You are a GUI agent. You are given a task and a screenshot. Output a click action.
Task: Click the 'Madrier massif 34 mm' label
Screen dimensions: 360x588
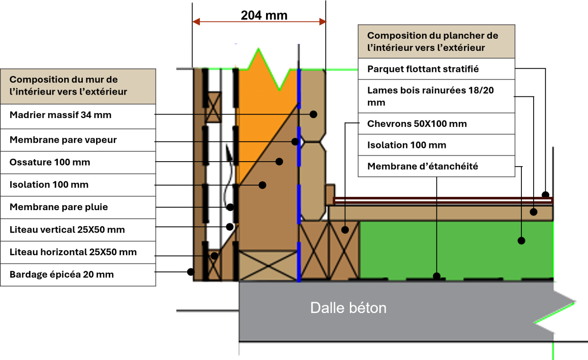61,116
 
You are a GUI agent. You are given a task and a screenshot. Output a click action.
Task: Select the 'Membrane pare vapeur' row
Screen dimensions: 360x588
63,140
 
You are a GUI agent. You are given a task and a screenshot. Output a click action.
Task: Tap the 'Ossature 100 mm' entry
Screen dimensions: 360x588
50,163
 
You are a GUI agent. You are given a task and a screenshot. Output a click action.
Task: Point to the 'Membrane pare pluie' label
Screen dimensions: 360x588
59,207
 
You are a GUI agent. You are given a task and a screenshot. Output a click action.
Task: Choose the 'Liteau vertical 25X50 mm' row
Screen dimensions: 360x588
67,230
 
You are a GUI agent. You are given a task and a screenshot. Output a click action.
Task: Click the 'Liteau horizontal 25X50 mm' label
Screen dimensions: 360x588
73,252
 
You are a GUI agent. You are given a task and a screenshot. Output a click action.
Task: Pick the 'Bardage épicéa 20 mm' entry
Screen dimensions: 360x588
62,275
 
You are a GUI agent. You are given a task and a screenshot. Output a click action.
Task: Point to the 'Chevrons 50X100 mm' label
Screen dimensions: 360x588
417,124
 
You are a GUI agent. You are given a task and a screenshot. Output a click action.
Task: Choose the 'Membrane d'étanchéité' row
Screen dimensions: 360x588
423,167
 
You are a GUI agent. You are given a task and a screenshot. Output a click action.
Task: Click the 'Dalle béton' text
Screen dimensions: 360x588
348,308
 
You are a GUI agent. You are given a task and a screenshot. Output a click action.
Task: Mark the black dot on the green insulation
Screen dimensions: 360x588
521,240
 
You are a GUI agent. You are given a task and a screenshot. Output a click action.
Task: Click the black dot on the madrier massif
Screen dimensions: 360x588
313,114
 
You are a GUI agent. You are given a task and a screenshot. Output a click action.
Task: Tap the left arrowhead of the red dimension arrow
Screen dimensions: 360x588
196,22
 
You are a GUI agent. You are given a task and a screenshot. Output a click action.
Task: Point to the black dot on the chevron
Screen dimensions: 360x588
345,229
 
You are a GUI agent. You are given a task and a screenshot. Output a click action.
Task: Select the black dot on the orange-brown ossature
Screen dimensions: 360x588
279,161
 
